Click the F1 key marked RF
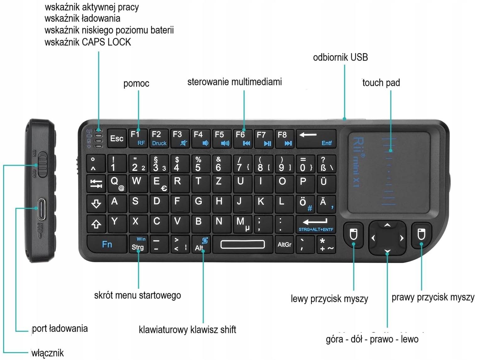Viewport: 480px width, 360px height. (x=138, y=138)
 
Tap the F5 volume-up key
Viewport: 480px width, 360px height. (x=222, y=138)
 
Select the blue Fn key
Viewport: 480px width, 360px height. (x=107, y=244)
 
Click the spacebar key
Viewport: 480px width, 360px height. (x=243, y=244)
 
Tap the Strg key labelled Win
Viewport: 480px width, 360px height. (x=138, y=244)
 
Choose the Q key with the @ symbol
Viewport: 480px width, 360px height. (x=117, y=183)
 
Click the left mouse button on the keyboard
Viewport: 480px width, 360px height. (x=353, y=234)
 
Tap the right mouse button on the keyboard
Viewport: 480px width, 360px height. (x=421, y=234)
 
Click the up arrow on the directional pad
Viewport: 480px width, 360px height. (x=387, y=225)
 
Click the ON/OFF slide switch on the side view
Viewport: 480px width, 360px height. (x=42, y=164)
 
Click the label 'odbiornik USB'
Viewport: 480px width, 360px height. (x=340, y=57)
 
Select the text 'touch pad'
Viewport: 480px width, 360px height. (x=381, y=83)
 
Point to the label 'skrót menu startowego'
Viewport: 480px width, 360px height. (x=138, y=295)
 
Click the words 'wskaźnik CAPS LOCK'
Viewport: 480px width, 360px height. (x=88, y=42)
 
